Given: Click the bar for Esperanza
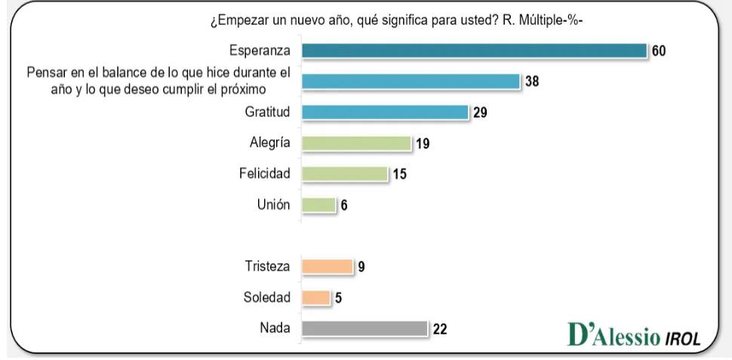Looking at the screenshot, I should [x=474, y=51].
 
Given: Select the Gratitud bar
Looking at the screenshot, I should [x=385, y=112].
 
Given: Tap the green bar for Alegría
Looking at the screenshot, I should [x=355, y=143].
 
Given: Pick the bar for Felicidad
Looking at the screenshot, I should [x=344, y=174].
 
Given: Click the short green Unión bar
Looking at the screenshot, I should [x=318, y=205].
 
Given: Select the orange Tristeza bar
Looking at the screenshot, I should [x=327, y=266].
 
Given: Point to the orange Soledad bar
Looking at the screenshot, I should [x=315, y=297].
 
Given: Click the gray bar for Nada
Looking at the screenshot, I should [x=364, y=328].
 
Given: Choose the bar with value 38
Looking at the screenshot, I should [x=411, y=81].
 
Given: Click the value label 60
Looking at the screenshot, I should [x=659, y=51].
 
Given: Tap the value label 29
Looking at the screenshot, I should [x=480, y=112].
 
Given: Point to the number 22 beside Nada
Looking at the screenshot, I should [x=440, y=329].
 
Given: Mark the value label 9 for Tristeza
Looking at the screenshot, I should [x=361, y=267].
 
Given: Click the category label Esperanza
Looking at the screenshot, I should [x=260, y=51].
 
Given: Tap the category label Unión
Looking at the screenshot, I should [x=274, y=205].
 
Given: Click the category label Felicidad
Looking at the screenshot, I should [x=265, y=174].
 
